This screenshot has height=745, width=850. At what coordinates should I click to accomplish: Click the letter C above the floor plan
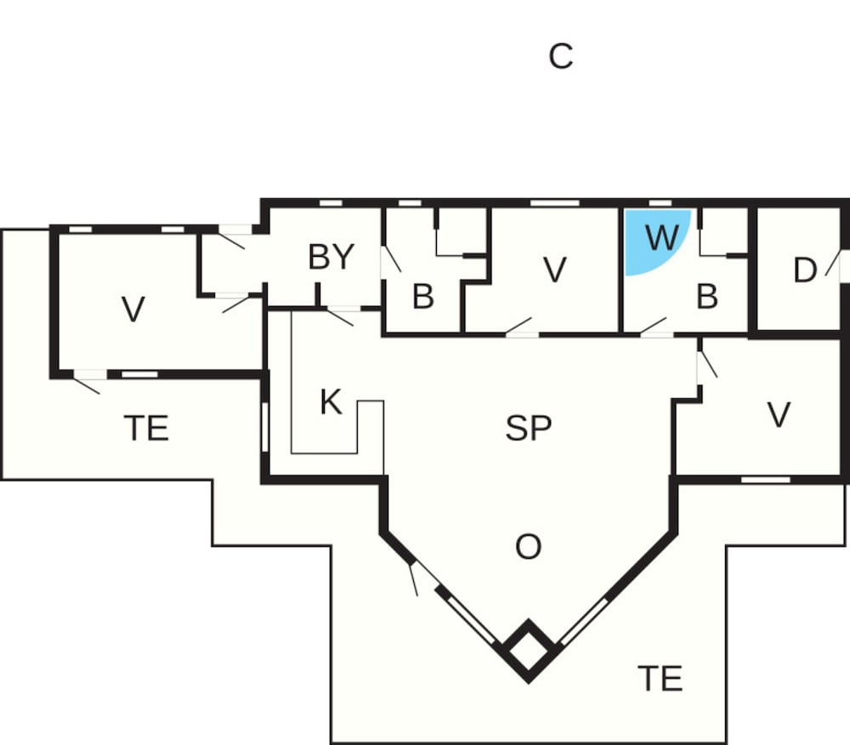pos(560,57)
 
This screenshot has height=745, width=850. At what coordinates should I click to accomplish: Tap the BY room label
pos(331,256)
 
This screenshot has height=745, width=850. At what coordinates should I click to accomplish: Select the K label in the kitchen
pos(331,401)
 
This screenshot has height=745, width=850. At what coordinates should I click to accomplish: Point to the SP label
pos(529,428)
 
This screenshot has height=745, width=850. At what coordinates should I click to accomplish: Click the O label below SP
pos(528,547)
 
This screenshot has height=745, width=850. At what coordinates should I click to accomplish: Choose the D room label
pos(804,270)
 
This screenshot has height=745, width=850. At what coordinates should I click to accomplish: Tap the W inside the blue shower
pos(661,238)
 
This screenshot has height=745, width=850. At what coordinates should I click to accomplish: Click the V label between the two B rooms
pos(554,270)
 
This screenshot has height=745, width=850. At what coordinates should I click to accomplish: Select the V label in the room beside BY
pos(133,310)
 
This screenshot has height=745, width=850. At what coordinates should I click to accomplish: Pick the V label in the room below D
pos(779,414)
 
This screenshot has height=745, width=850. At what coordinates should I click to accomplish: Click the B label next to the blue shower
pos(706,297)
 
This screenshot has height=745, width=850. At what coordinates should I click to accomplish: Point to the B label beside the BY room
pos(422,297)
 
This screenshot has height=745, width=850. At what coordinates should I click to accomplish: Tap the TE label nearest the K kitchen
pos(146,428)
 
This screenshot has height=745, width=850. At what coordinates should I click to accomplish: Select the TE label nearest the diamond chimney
pos(660,678)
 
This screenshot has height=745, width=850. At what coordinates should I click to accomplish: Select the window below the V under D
pos(765,480)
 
